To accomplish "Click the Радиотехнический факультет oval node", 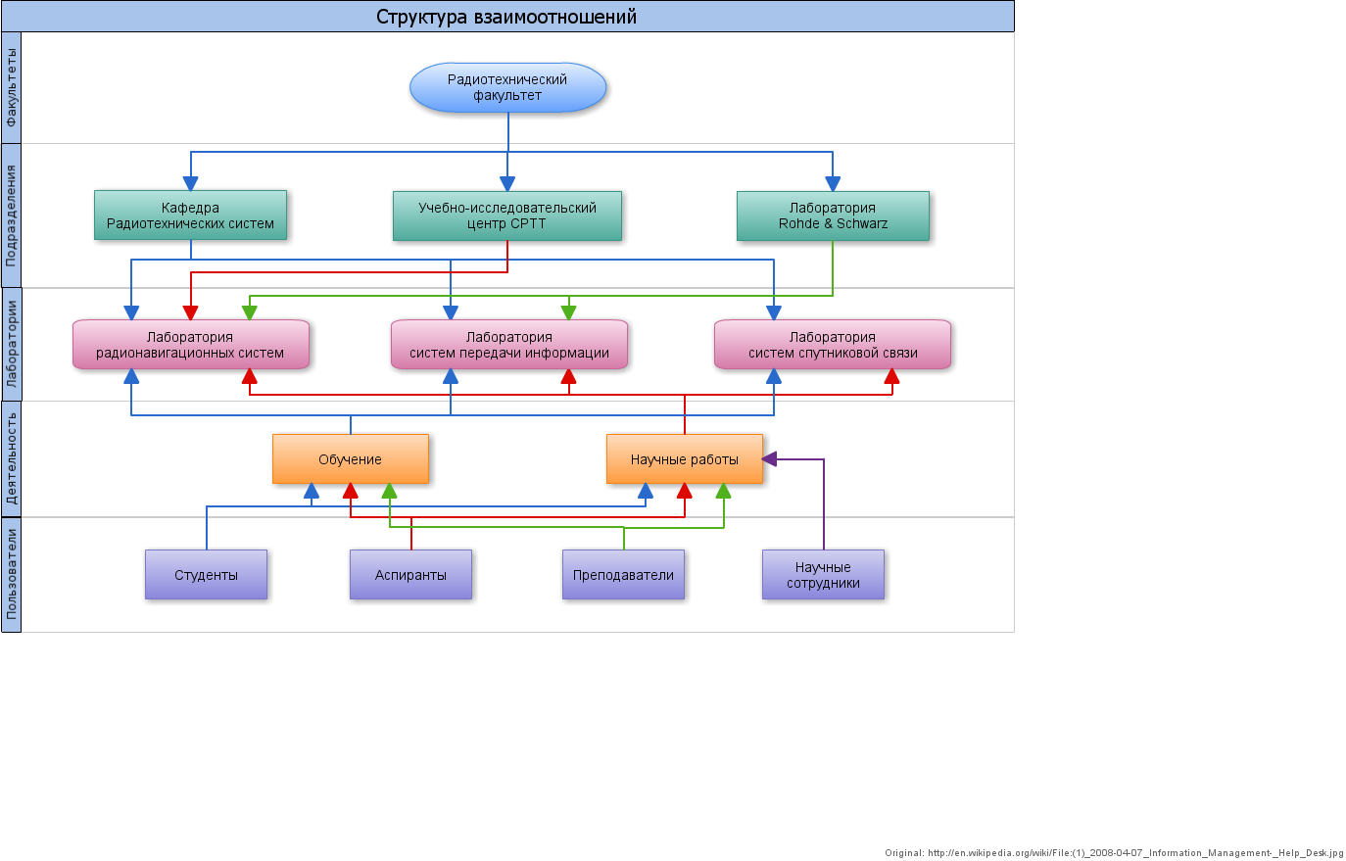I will coord(507,87).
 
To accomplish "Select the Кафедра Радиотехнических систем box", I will coord(190,215).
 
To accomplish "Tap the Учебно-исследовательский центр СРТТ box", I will coord(506,215).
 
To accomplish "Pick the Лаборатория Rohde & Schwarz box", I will coord(833,215).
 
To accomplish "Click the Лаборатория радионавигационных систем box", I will coord(190,345).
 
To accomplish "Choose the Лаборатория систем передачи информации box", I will coord(508,345).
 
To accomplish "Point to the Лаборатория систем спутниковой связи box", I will coord(833,345).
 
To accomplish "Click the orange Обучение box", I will coord(350,459).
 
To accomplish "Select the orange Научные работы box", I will coord(684,459).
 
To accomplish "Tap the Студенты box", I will coord(206,575).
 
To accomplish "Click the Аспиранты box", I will coord(410,575).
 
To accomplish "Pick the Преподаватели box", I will coord(623,575).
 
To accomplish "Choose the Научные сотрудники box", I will coord(823,575).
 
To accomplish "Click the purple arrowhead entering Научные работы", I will coord(770,458).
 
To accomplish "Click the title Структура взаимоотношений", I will coord(506,17).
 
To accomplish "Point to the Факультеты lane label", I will coord(11,87).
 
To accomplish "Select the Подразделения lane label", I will coord(11,215).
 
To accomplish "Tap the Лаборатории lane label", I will coord(11,344).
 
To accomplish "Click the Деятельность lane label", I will coord(11,458).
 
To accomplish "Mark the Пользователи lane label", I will coord(11,574).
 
